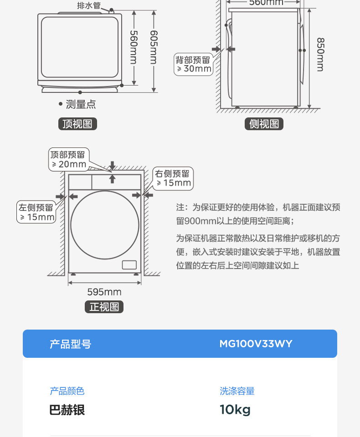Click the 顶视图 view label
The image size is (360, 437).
77,124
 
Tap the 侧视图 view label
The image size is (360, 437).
264,124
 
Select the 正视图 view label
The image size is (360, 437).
104,307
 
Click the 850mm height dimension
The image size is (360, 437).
320,54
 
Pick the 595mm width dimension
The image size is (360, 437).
104,292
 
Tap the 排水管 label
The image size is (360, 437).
89,6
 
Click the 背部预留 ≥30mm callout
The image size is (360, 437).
194,64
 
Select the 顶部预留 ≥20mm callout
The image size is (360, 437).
69,159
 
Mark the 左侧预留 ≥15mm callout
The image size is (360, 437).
36,212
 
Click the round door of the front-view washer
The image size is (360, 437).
105,225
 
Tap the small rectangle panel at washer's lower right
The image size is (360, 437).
129,264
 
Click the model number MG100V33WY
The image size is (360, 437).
256,344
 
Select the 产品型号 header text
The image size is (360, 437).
71,344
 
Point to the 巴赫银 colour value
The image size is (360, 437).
67,410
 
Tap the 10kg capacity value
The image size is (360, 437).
235,410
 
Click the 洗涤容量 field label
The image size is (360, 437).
237,391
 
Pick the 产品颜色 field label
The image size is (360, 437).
67,391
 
